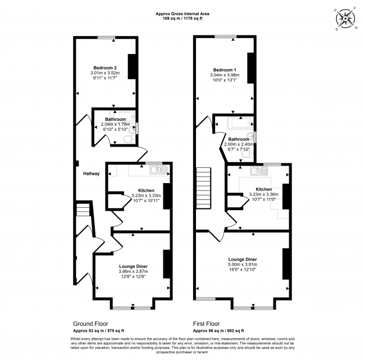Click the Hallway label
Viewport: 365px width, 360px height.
point(91,174)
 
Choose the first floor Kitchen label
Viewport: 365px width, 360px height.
point(263,189)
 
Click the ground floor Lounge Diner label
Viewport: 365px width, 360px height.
point(133,266)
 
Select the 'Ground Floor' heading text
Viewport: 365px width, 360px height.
point(90,324)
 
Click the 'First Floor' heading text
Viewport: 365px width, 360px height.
point(207,324)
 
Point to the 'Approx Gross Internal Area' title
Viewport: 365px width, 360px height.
point(182,14)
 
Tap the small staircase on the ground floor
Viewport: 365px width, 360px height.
point(83,210)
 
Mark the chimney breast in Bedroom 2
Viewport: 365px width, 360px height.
point(133,66)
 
